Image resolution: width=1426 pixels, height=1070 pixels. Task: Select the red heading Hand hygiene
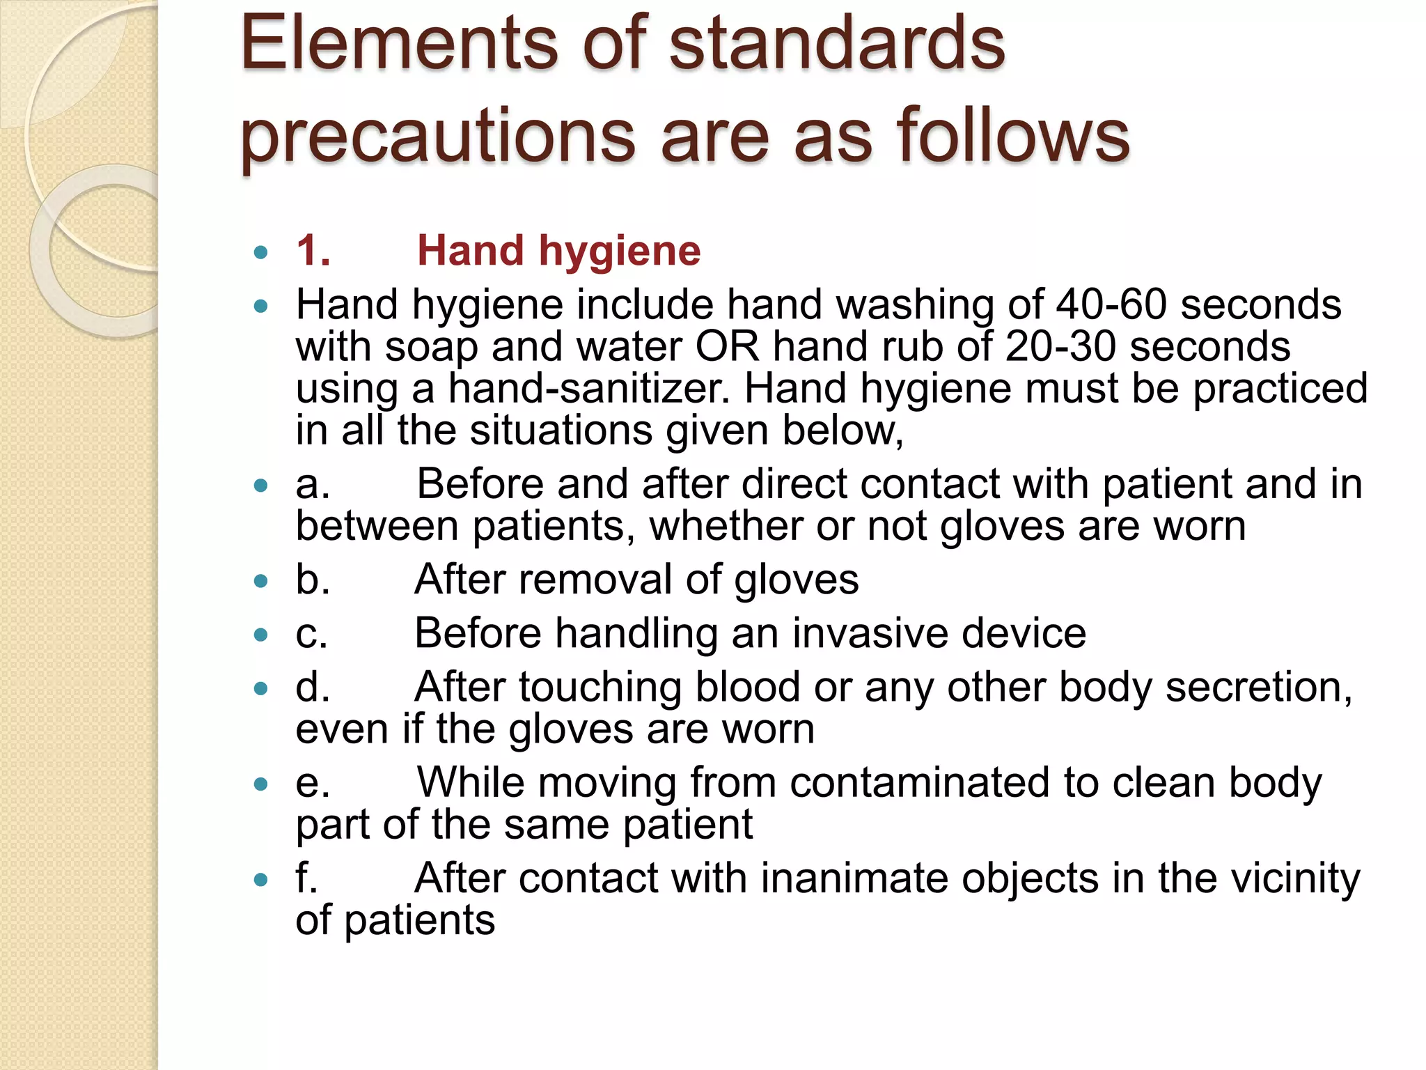coord(558,251)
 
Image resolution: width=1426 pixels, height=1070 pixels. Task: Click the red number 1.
coord(313,251)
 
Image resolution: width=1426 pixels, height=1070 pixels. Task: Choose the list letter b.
coord(312,580)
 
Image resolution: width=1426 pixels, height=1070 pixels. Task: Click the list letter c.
coord(311,634)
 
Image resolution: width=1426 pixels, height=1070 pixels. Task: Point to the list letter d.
coord(312,688)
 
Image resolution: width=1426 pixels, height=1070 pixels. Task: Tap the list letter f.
coord(306,878)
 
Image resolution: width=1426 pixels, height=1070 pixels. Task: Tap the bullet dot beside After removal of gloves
coord(261,581)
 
